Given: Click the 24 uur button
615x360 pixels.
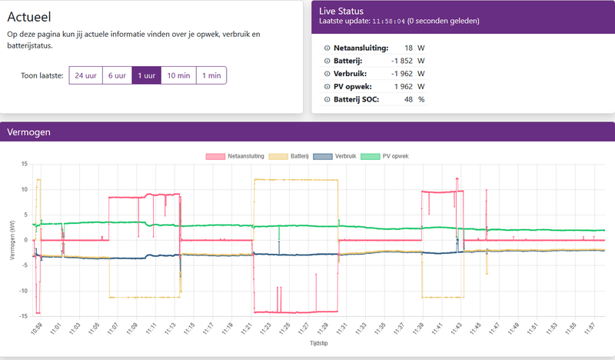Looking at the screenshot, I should tap(85, 75).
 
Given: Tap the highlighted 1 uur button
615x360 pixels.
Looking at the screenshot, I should tap(146, 75).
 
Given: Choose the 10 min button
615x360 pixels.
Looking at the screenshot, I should tap(178, 75).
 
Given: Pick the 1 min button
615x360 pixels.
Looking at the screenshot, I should tap(210, 75).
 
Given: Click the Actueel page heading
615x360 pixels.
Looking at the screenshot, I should tap(34, 16).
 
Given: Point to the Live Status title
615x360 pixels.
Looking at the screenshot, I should tap(341, 10).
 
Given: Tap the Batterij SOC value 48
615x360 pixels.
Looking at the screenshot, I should tap(409, 99).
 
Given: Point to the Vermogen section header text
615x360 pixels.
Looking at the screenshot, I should tap(28, 132).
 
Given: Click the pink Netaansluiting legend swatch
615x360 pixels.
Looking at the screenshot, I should tap(215, 156).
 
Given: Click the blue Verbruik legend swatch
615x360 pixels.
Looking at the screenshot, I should tap(323, 156).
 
